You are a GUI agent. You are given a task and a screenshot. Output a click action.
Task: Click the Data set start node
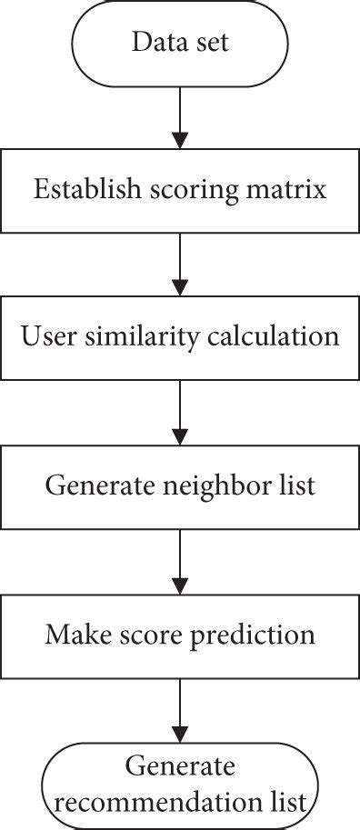click(x=179, y=43)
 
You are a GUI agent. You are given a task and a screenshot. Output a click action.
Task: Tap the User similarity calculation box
click(x=179, y=336)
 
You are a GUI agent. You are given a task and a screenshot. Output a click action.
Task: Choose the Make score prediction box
click(x=179, y=634)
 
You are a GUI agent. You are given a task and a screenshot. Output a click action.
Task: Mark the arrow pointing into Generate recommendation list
click(x=179, y=709)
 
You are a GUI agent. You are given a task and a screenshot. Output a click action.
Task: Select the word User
click(x=42, y=336)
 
